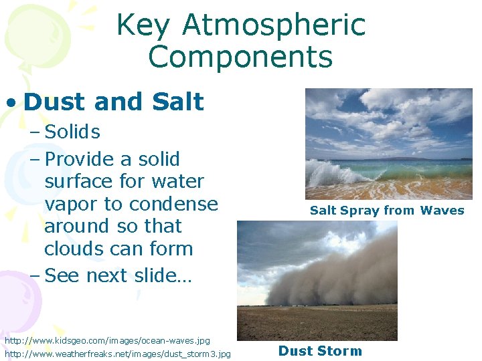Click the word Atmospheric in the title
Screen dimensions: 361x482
[274, 25]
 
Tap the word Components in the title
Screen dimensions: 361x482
[240, 57]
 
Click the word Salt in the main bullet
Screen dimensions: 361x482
[177, 102]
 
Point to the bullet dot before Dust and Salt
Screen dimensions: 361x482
[11, 103]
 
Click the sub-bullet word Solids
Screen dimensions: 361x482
[72, 132]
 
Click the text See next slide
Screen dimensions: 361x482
[118, 275]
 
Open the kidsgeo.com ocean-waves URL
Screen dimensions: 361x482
[107, 341]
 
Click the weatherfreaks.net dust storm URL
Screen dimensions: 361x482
[118, 353]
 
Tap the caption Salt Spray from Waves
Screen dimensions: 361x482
[386, 211]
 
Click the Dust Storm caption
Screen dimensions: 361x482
[320, 351]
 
